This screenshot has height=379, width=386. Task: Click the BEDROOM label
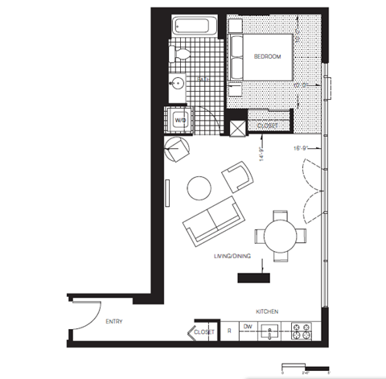click(266, 57)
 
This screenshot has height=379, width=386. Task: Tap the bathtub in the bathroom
click(195, 27)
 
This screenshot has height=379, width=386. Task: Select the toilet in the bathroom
click(182, 56)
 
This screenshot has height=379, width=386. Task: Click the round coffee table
click(199, 188)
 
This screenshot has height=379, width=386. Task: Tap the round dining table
click(281, 236)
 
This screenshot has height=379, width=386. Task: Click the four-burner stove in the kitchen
click(303, 331)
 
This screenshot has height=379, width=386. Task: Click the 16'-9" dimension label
click(302, 148)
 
